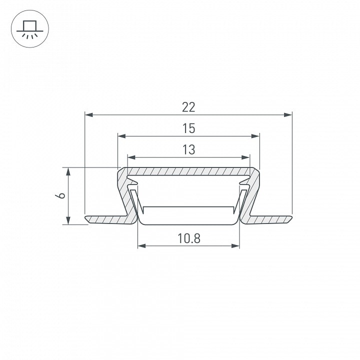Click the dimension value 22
click(x=188, y=107)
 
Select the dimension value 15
click(x=188, y=128)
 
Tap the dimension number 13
click(x=188, y=149)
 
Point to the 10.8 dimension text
click(x=189, y=238)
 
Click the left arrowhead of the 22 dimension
click(x=89, y=115)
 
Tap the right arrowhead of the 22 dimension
click(x=288, y=115)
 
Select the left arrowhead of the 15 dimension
click(x=122, y=136)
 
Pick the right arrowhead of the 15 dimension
click(x=255, y=136)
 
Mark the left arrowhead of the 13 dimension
click(x=131, y=157)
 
